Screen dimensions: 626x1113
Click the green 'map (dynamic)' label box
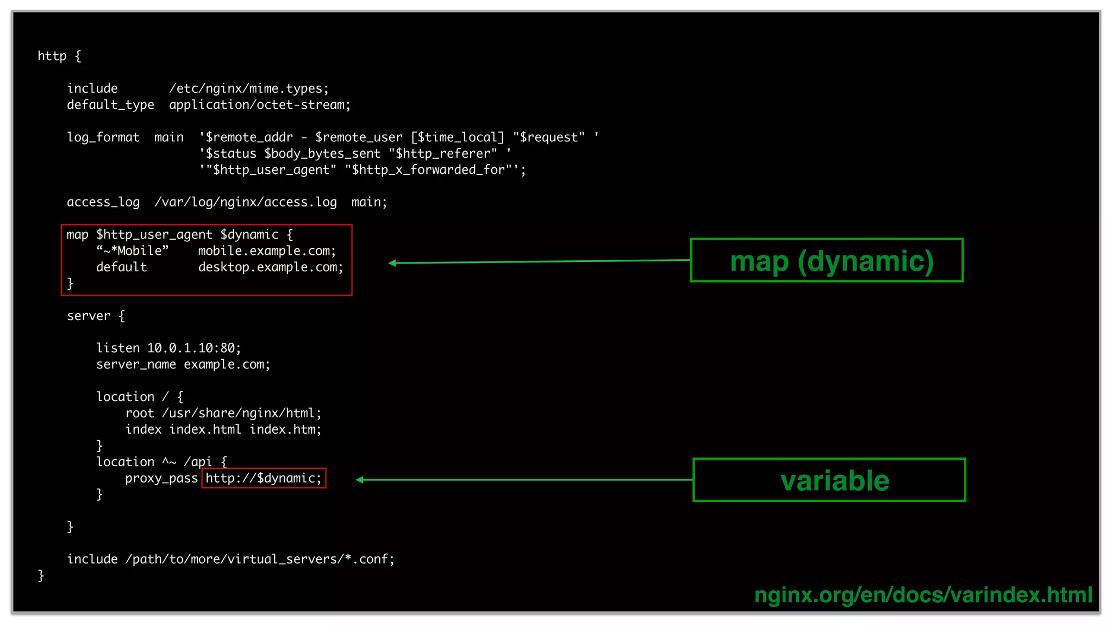(x=827, y=260)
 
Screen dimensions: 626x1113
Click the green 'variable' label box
(x=829, y=480)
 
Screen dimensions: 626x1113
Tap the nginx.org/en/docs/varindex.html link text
(x=923, y=594)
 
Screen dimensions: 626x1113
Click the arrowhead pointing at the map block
(x=392, y=263)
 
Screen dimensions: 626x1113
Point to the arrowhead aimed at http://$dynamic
(x=360, y=479)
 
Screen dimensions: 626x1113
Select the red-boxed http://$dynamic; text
(x=264, y=478)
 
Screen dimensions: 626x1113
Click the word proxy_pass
(x=161, y=478)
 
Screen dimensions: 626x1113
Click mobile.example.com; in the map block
(x=267, y=251)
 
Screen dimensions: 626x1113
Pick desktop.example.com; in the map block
(x=271, y=267)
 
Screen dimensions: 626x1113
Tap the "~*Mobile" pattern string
(x=133, y=251)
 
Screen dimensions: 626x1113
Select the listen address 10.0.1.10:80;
(x=194, y=348)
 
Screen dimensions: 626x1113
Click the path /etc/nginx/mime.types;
(x=249, y=89)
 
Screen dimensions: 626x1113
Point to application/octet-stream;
(x=260, y=105)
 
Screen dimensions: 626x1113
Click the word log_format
(x=103, y=137)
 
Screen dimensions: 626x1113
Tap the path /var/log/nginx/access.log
(x=246, y=202)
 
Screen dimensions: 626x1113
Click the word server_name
(x=136, y=364)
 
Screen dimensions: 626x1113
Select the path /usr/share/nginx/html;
(x=242, y=413)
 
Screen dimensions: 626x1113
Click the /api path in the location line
(x=198, y=462)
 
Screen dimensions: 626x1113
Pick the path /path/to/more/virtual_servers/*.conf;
(x=260, y=559)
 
